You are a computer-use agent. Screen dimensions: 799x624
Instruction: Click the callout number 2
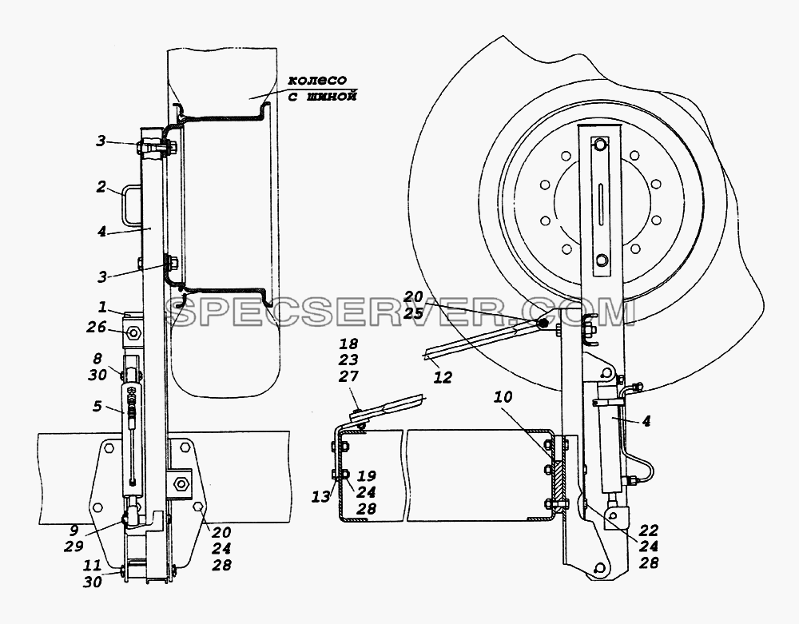point(101,187)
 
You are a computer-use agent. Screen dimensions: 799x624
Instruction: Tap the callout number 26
point(96,328)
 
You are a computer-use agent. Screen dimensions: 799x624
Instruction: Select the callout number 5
point(97,406)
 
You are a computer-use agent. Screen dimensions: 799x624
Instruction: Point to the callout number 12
point(443,377)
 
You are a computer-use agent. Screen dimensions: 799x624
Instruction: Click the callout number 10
point(503,397)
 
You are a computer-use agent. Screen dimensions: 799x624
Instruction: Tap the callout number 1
point(102,307)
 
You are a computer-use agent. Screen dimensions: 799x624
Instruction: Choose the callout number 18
point(348,344)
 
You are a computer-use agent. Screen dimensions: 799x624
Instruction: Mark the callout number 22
point(648,529)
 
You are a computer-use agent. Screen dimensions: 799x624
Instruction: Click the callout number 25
point(413,313)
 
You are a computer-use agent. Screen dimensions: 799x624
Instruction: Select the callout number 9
point(74,531)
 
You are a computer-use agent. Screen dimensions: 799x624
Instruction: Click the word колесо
point(317,80)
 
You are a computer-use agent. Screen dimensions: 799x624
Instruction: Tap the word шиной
point(328,96)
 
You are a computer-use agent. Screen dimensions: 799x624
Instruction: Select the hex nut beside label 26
point(134,332)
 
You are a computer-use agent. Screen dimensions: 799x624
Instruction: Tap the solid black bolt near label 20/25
point(544,323)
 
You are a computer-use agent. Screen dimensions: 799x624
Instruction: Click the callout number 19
point(366,475)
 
